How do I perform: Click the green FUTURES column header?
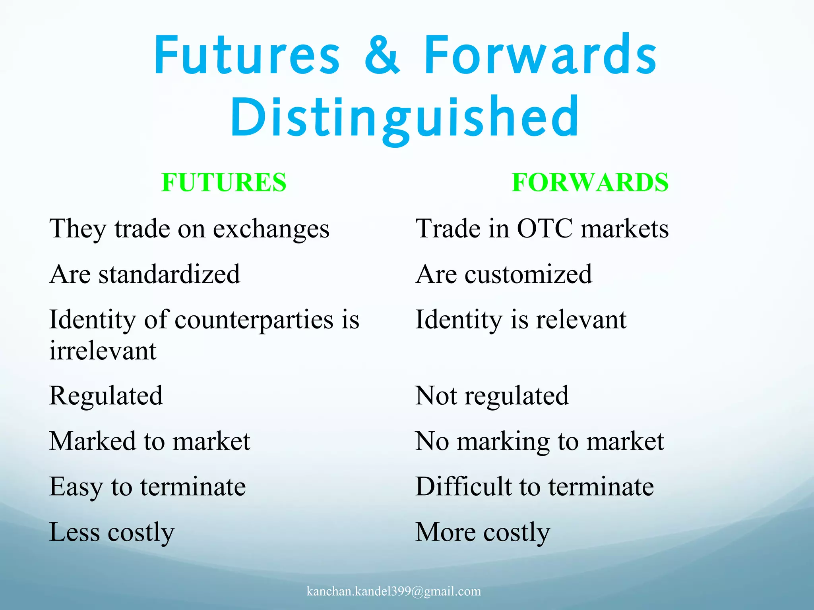[x=224, y=183]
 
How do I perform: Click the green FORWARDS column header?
[x=590, y=183]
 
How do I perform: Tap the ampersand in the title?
[x=382, y=56]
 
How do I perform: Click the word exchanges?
[x=271, y=229]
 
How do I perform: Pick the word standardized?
[x=169, y=274]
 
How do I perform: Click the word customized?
[x=528, y=274]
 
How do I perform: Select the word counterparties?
[x=254, y=320]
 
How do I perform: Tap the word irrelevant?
[x=103, y=351]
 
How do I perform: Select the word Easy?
[x=76, y=487]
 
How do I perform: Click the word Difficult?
[x=463, y=486]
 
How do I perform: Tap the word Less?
[x=74, y=532]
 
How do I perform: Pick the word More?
[x=445, y=532]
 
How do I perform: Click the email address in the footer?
[x=393, y=591]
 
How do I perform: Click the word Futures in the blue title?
[x=246, y=56]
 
